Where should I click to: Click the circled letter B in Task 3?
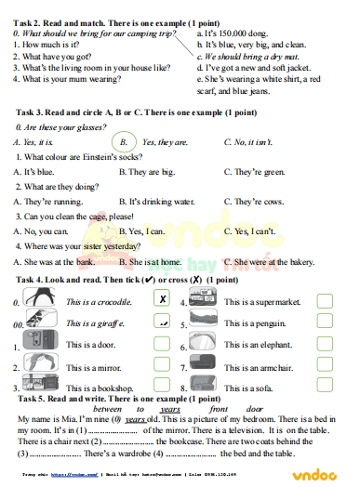point(122,142)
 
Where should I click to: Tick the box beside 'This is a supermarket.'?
point(325,301)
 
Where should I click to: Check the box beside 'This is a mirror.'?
point(162,366)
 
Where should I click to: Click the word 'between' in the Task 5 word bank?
point(114,409)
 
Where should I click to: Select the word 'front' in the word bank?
point(219,409)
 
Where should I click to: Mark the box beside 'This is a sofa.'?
point(325,388)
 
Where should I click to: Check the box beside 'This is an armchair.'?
point(325,366)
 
